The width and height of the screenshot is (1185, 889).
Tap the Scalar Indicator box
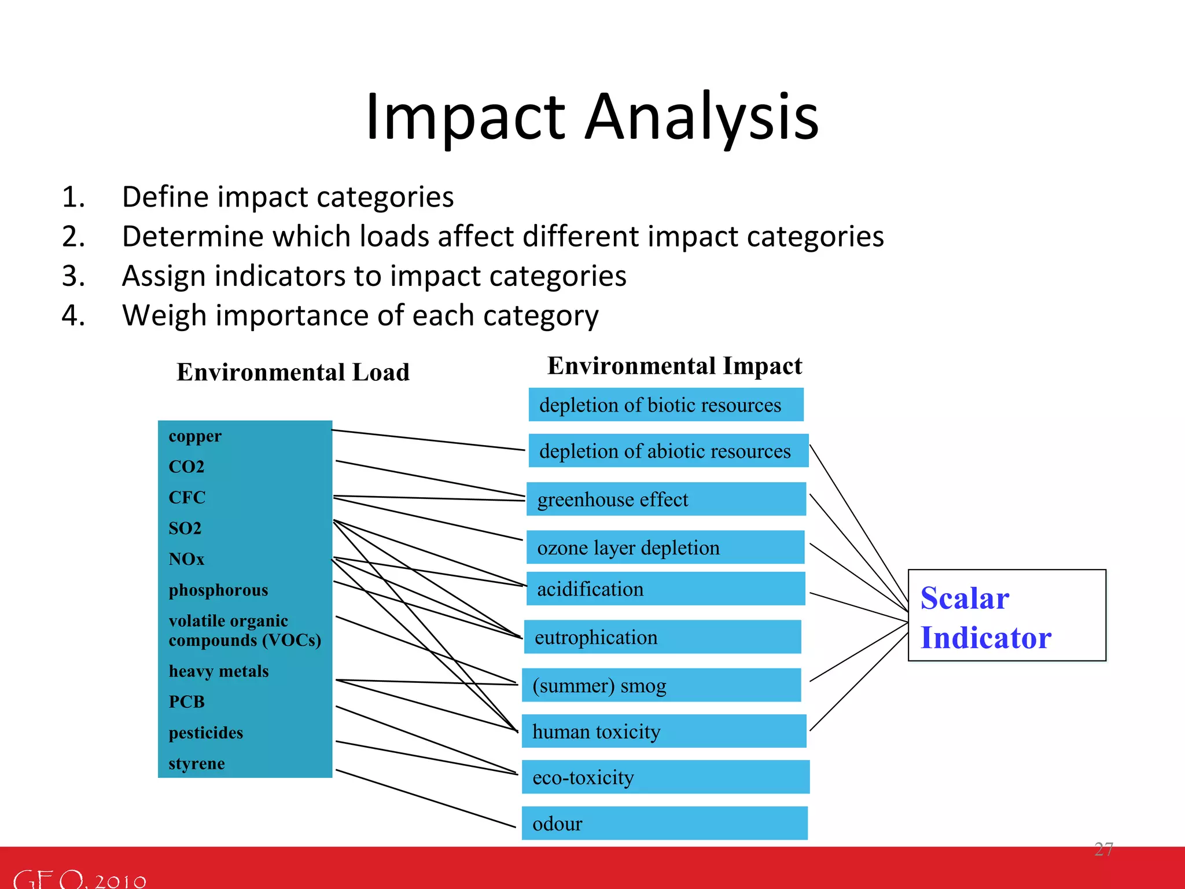click(1006, 615)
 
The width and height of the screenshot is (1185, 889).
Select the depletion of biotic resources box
click(665, 405)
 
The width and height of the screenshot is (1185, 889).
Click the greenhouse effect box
click(665, 499)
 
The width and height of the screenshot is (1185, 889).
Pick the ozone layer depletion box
click(665, 547)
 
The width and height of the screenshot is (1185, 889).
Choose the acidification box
click(665, 589)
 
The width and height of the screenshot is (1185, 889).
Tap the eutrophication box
click(662, 637)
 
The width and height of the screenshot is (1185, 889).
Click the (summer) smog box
click(661, 685)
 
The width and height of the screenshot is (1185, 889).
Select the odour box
click(664, 823)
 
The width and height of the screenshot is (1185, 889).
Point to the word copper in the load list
click(195, 436)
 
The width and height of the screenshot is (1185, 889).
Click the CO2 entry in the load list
click(186, 466)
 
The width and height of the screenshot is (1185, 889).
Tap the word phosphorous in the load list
click(218, 590)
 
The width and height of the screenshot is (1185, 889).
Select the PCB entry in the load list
click(186, 701)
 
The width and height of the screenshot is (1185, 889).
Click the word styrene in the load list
click(196, 763)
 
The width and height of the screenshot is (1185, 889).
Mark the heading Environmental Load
click(293, 372)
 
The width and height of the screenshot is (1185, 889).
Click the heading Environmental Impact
click(675, 365)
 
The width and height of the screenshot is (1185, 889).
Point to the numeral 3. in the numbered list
click(73, 275)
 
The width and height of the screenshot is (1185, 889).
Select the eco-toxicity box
click(665, 777)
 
